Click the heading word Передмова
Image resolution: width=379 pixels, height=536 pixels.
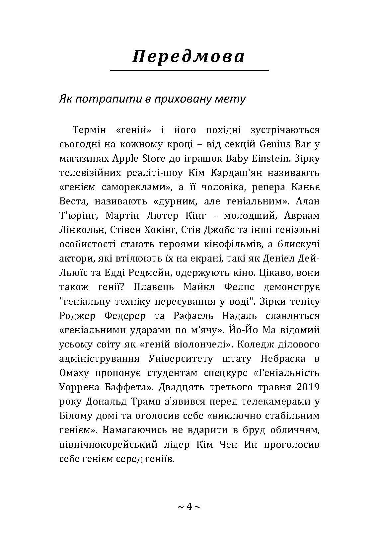pos(189,56)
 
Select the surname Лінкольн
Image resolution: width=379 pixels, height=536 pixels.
pos(78,230)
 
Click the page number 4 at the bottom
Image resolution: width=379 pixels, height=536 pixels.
pos(189,506)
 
